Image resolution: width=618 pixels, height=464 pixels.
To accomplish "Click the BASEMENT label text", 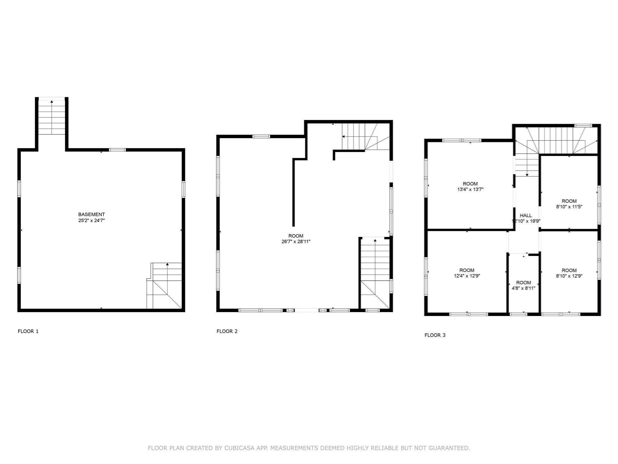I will coord(91,214).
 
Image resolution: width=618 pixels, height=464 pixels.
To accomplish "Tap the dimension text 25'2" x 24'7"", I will coord(91,221).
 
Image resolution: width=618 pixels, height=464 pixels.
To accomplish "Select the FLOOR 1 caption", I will coord(28,331).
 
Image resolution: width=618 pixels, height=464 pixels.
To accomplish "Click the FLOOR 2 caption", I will coord(227,331).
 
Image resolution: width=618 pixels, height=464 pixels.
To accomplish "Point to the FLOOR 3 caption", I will coord(435,335).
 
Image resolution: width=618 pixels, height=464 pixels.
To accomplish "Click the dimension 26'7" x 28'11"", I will coord(296,241).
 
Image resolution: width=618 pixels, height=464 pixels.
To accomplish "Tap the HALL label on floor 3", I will coord(526,215).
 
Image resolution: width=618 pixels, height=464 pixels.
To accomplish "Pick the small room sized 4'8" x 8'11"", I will coord(523,285).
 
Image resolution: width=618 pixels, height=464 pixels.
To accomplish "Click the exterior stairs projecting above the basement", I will coord(52,118).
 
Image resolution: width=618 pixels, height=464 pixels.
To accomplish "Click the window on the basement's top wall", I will coord(117,150).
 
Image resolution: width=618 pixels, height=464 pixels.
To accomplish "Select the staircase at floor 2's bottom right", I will coord(375,272).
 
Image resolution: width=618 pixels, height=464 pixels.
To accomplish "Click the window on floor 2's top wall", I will coord(261,137).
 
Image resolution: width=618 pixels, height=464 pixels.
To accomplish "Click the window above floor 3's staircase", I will coord(583,126).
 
